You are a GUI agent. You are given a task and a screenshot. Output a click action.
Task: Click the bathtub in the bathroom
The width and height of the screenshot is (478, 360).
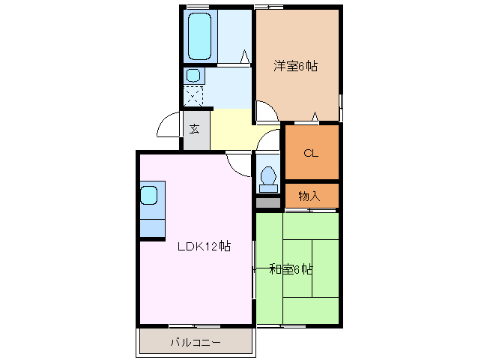199,35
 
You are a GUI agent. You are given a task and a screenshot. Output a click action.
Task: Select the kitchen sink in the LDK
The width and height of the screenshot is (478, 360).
148,196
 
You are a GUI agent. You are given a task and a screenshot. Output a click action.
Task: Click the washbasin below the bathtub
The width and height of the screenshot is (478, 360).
193,76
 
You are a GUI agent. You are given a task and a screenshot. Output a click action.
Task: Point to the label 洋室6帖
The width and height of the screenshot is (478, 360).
294,66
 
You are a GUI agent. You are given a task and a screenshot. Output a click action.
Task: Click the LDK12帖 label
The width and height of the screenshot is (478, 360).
203,246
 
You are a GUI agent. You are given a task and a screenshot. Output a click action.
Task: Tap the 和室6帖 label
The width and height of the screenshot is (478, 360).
291,269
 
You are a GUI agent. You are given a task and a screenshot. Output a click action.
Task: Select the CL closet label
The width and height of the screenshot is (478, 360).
311,153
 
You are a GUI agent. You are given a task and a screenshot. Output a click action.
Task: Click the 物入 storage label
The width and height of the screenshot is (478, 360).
309,196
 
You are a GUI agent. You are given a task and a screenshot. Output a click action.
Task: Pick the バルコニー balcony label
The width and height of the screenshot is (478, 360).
195,342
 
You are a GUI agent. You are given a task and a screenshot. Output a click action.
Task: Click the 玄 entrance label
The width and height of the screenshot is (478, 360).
194,129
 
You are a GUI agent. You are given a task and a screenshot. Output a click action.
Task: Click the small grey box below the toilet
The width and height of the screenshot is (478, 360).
267,202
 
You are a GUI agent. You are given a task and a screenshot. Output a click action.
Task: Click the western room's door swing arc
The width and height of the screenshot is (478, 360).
265,112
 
